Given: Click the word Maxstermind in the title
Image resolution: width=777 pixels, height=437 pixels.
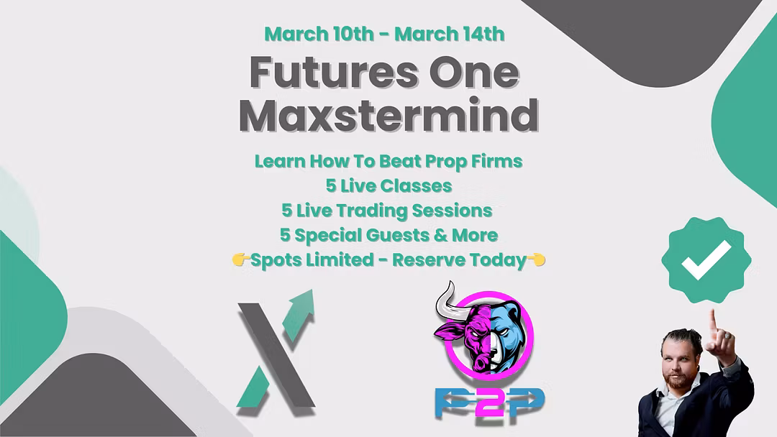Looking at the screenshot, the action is tap(388, 115).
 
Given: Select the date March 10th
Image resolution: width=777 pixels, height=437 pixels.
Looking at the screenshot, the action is tap(319, 34).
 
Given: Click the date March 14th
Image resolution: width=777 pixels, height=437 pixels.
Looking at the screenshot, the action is tap(450, 34).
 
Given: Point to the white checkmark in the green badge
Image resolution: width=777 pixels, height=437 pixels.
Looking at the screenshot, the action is tap(706, 259).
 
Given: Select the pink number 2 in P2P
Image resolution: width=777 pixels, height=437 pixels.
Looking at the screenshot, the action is tap(490, 402).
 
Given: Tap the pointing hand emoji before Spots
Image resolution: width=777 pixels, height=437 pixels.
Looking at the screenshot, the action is tap(240, 259).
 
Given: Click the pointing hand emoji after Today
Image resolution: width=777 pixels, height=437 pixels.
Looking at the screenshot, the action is tap(536, 259).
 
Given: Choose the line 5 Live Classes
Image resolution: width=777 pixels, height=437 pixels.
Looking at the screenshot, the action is tap(388, 186).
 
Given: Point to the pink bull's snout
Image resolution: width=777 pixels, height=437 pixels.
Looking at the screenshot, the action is tap(479, 364).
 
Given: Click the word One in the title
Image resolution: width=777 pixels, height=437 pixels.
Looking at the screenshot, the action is tap(474, 73).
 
